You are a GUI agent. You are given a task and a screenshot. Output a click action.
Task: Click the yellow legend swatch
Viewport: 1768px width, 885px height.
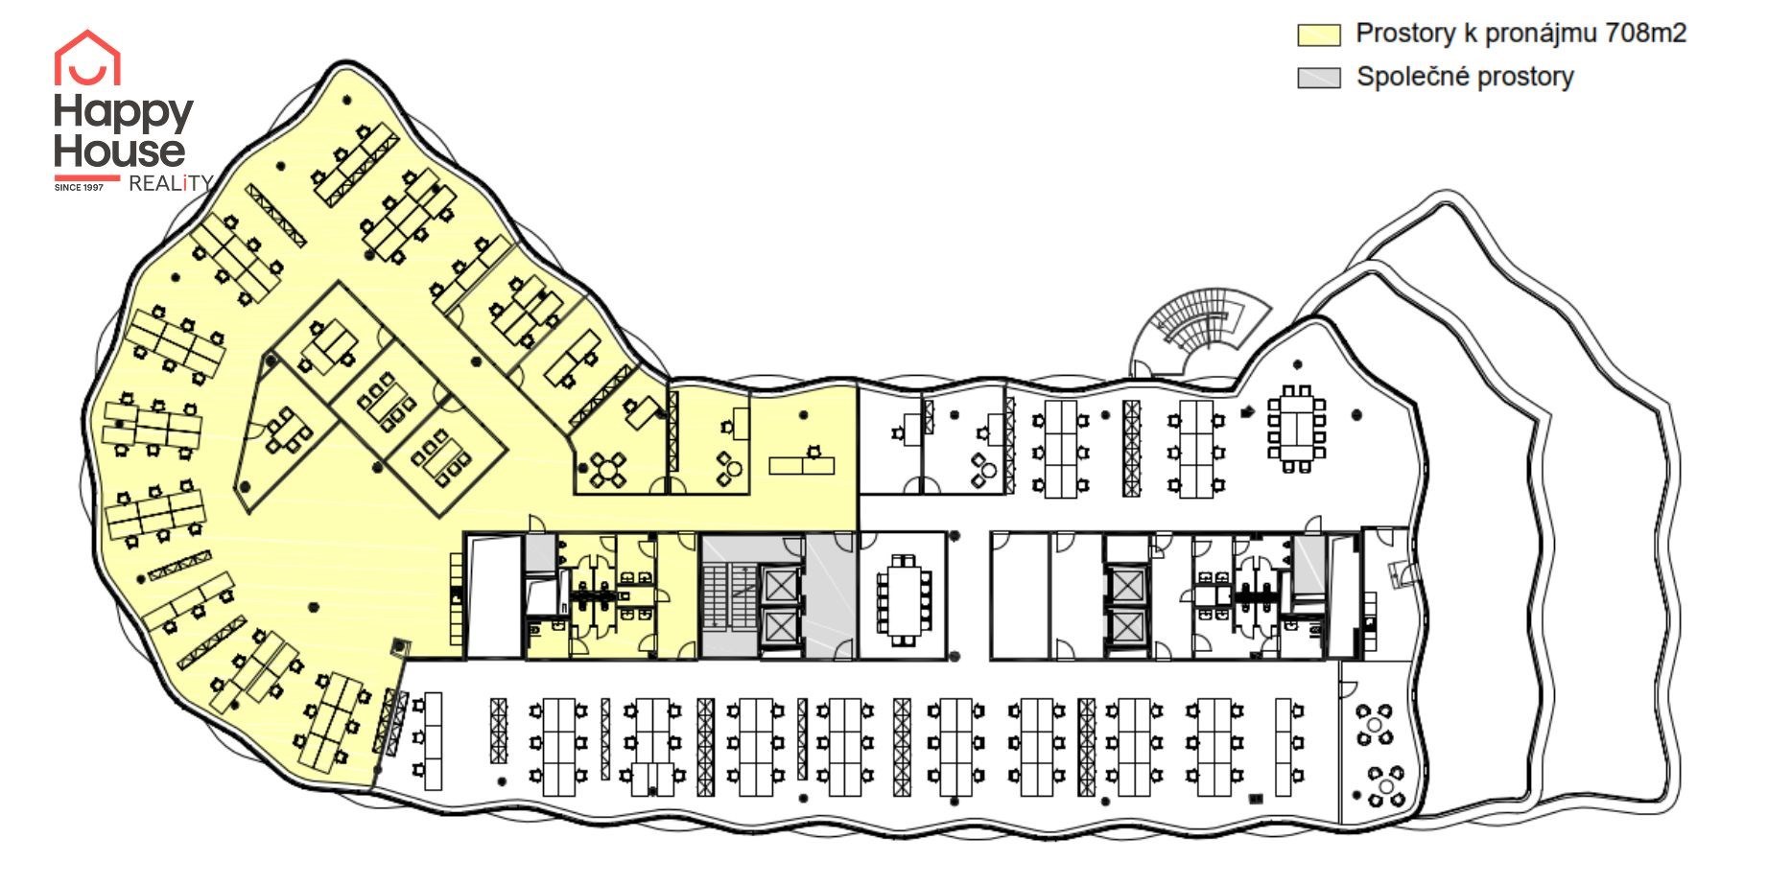(x=1319, y=35)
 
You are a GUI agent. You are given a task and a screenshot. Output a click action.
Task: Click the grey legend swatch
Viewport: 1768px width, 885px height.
(x=1319, y=78)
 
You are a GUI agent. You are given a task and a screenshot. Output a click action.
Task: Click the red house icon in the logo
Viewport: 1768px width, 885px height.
(x=87, y=58)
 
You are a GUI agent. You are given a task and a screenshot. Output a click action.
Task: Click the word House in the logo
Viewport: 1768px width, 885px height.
(x=119, y=151)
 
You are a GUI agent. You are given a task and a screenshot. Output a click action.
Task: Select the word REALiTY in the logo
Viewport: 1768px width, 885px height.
(x=170, y=183)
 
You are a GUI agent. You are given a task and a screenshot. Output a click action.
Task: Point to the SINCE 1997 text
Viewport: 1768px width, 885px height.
(x=79, y=187)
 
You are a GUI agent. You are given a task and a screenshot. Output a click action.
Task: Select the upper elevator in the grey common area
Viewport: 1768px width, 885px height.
(x=779, y=584)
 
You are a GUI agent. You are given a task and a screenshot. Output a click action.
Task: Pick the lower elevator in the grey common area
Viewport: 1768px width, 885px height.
(x=779, y=626)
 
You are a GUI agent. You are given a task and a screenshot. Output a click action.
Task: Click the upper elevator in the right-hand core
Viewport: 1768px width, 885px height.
(x=1124, y=584)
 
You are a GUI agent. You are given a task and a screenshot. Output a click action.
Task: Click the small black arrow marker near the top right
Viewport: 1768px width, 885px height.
(x=1247, y=412)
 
